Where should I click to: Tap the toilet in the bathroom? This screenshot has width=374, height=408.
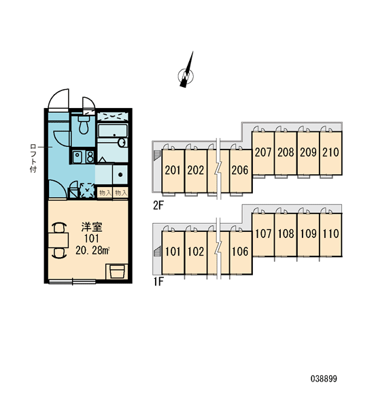pos(84,125)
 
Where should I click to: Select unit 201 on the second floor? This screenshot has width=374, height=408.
pos(173,171)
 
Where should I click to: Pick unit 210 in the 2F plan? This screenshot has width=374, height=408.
pos(330,153)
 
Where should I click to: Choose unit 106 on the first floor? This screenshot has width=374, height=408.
pos(241,252)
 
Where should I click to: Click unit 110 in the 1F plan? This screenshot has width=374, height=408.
pos(330,235)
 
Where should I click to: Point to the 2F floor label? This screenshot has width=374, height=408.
pos(158,205)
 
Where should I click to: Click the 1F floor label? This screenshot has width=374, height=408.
pos(158,282)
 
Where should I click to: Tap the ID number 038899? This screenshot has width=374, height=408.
pos(324,379)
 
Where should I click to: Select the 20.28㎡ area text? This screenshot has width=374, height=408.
pos(92,250)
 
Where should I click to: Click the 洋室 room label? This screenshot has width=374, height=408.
pos(92,227)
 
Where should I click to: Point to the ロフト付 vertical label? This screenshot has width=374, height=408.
pos(33,158)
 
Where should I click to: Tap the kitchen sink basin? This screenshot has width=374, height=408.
pos(77,157)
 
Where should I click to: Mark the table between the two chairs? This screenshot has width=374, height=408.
pos(58,240)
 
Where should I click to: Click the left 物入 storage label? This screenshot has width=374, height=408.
pos(105,193)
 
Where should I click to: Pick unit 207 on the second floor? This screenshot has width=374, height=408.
pos(263,153)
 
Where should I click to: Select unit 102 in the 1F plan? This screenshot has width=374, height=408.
pos(196,252)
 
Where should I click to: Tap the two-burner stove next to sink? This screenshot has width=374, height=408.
pos(90,157)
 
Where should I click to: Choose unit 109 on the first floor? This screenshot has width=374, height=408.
pos(308,235)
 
